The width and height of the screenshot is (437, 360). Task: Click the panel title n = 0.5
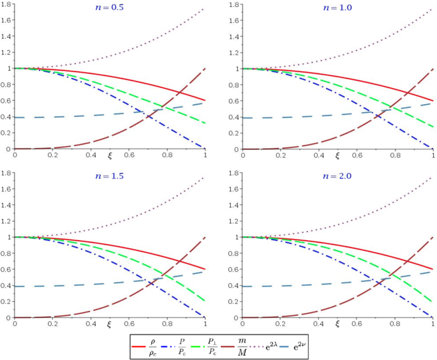tap(110, 9)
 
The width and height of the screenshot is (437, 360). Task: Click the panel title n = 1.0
tap(337, 9)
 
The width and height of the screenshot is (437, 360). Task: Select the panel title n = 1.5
tap(110, 178)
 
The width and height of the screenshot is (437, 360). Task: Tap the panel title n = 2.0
tap(337, 178)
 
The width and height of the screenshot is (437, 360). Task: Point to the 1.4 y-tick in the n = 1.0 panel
tap(234, 36)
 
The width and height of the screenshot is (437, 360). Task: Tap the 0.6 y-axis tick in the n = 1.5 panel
tap(7, 269)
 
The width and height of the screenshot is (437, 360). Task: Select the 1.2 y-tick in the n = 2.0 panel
tap(234, 221)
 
